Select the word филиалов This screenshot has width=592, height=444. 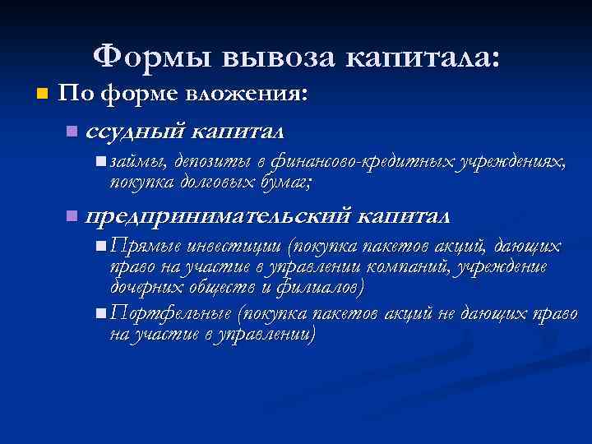(x=317, y=288)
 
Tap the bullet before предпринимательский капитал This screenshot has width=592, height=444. (x=73, y=217)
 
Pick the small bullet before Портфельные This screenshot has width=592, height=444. (x=99, y=315)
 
